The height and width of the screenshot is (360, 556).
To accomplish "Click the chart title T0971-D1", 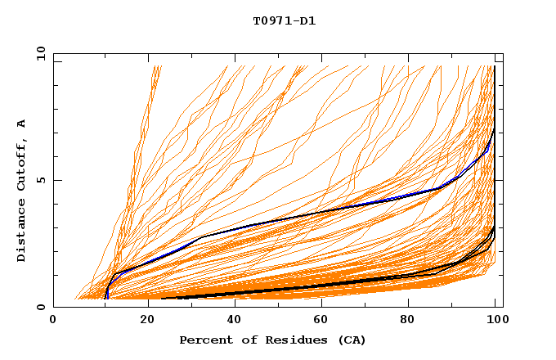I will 284,21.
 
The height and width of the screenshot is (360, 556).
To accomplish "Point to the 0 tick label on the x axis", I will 53,321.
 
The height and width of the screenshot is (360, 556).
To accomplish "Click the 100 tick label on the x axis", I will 495,321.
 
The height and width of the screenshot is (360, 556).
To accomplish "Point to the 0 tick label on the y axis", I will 41,307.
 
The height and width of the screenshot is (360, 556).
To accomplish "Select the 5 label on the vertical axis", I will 41,181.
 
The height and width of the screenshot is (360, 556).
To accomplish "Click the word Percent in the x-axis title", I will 203,340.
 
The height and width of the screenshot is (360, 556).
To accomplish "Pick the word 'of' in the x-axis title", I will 245,340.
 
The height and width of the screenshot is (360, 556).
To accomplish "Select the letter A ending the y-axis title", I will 22,124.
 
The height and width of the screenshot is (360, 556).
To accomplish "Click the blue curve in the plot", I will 327,210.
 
